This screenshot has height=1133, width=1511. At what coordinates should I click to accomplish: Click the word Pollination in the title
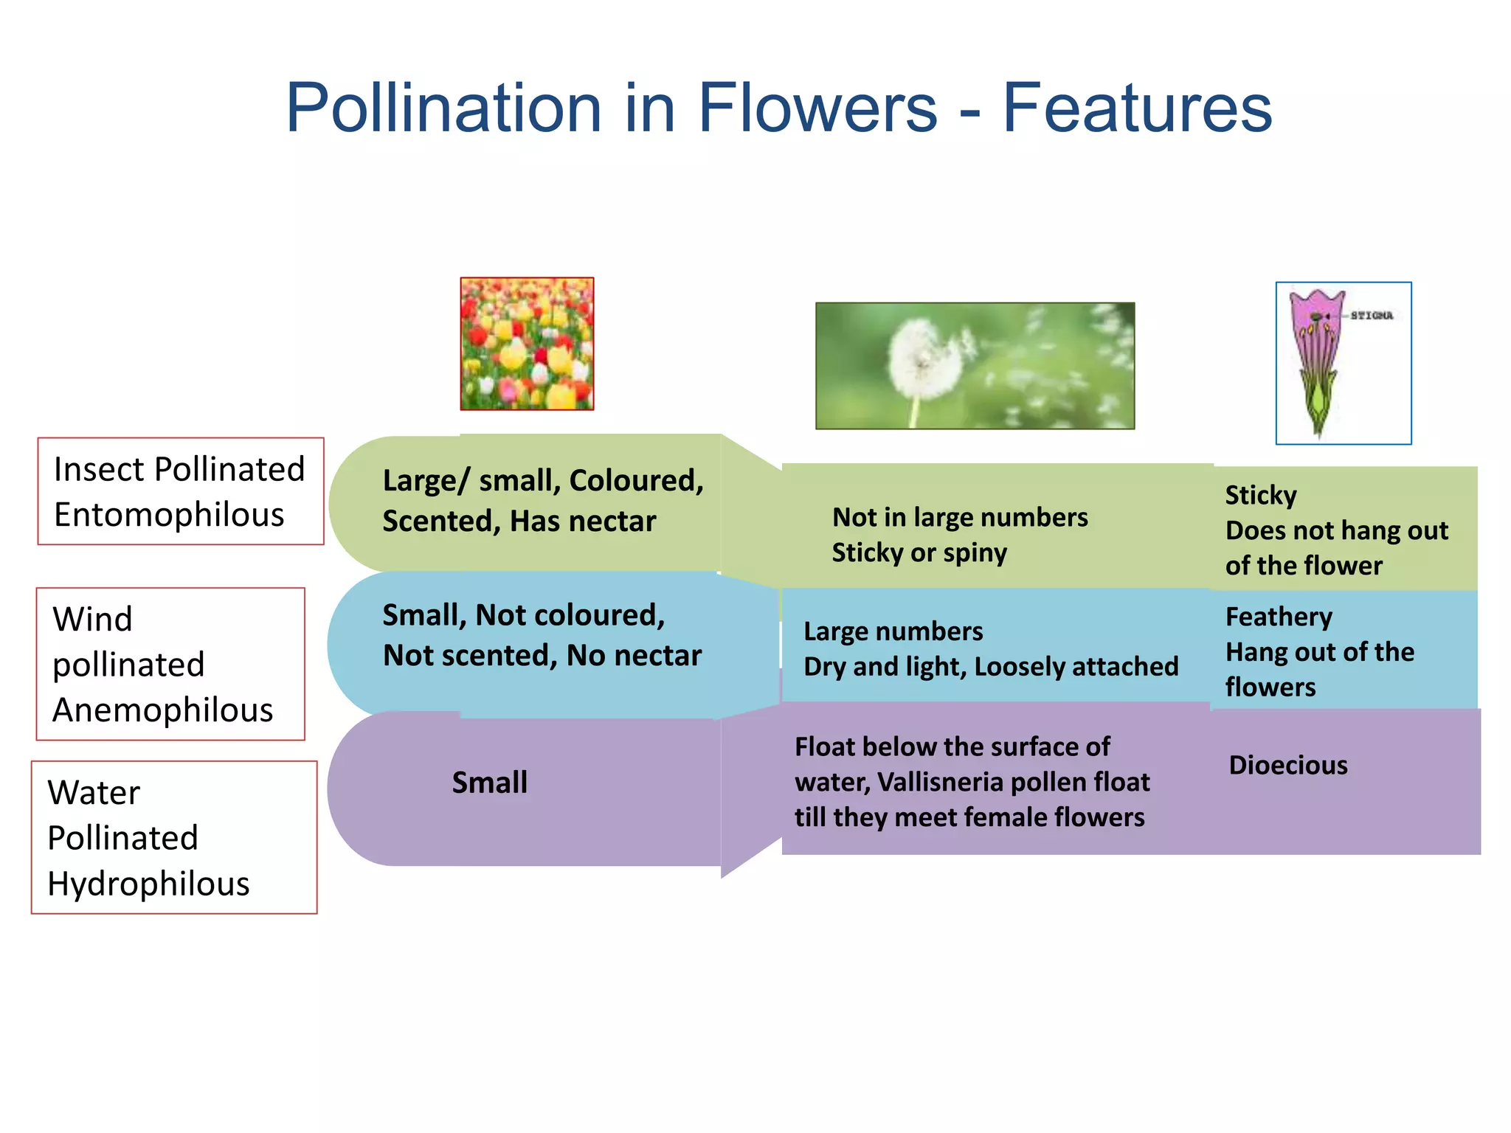pos(444,108)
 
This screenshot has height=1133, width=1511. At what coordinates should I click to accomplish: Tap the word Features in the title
pos(1137,108)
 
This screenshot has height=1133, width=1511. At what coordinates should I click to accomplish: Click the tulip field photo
pos(527,344)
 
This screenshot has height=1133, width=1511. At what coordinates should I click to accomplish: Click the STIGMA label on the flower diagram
pos(1372,316)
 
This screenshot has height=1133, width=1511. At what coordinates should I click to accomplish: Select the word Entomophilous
pos(169,515)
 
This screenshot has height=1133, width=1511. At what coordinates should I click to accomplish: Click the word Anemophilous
pos(162,710)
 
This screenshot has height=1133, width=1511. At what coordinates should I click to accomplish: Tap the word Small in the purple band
pos(489,783)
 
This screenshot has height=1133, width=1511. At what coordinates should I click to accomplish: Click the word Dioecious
pos(1288,765)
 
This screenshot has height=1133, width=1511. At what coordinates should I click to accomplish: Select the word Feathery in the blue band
pos(1279,617)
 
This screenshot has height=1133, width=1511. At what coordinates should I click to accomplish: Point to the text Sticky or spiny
pos(919,552)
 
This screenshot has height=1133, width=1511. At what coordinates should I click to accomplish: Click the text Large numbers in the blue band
pos(893,631)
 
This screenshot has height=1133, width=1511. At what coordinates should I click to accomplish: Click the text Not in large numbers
pos(960,517)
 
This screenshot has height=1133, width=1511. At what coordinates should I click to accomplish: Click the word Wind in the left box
pos(93,620)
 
